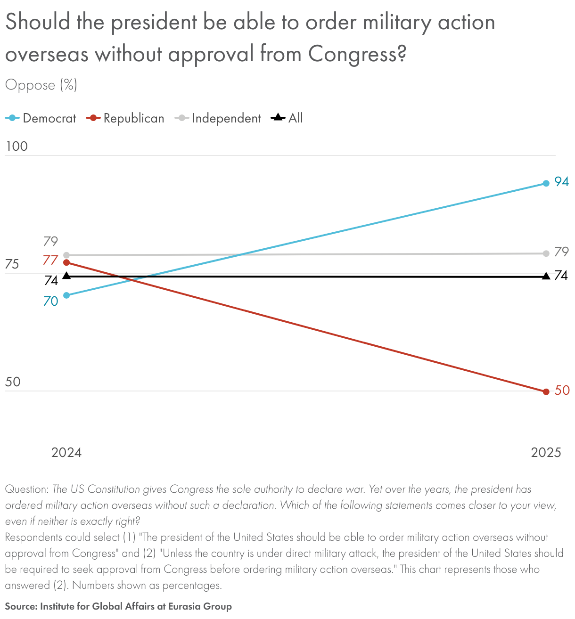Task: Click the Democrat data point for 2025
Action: tap(546, 183)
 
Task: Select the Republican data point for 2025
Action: tap(546, 391)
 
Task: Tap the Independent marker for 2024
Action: tap(66, 255)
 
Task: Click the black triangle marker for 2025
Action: tap(546, 276)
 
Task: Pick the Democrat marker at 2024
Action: tap(66, 295)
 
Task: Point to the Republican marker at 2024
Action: tap(66, 262)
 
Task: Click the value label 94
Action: tap(561, 182)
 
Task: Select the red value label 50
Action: tap(562, 391)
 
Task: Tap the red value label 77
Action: tap(50, 260)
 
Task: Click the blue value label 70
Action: tap(50, 301)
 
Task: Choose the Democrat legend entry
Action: tap(41, 118)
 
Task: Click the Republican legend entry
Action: tap(125, 118)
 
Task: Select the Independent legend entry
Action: tap(218, 118)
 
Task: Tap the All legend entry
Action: tap(287, 118)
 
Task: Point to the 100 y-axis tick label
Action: tap(16, 147)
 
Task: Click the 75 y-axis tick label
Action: tap(12, 264)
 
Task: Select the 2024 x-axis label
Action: tap(66, 453)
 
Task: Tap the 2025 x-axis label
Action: tap(546, 453)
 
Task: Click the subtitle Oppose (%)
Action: tap(41, 85)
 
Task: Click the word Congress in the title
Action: tap(356, 54)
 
